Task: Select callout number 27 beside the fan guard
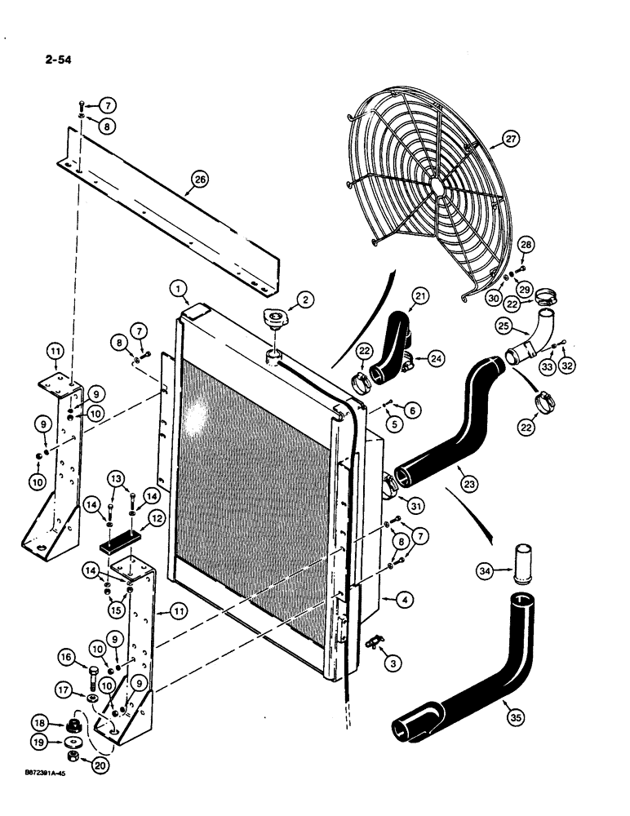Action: (x=511, y=140)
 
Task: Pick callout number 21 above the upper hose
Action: (x=420, y=295)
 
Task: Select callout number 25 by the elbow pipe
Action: (x=504, y=326)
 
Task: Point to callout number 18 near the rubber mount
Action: (x=38, y=722)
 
